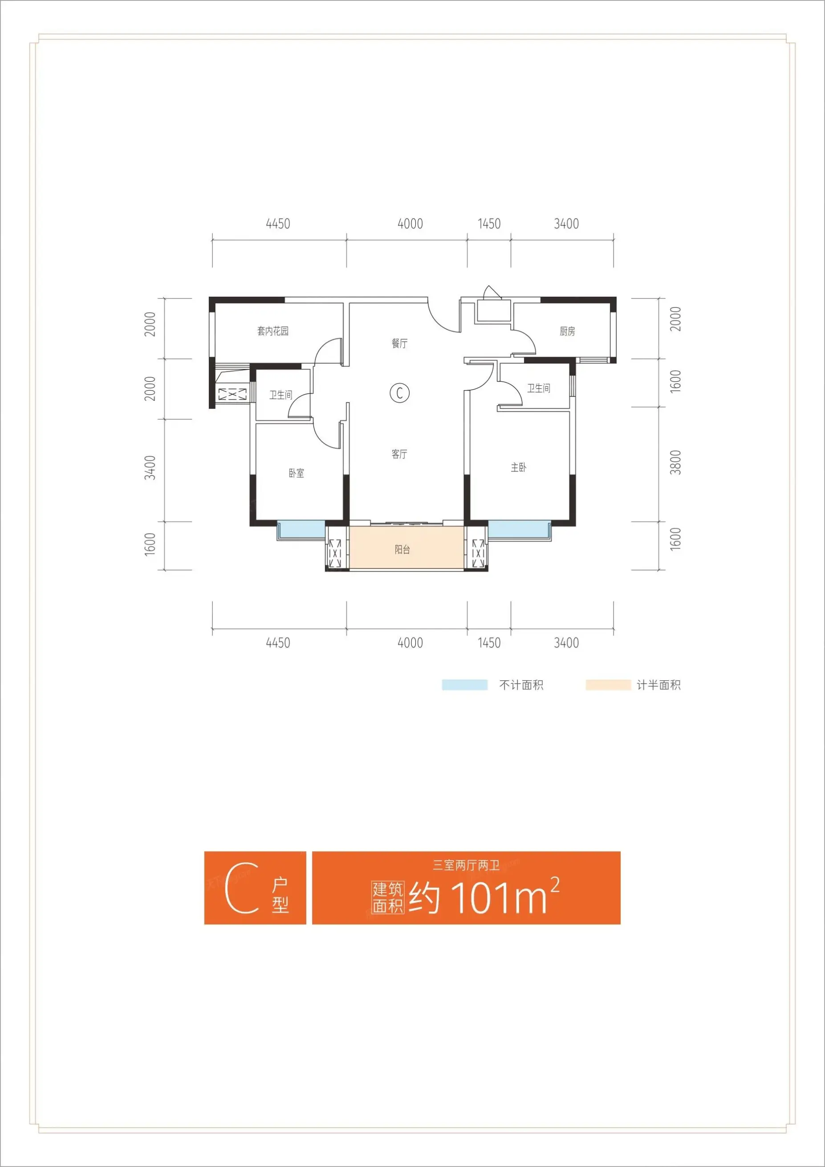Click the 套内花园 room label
point(273,331)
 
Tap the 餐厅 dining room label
point(399,343)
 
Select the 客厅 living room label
point(399,454)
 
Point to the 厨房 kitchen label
point(568,331)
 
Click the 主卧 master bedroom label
point(519,467)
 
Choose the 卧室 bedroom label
point(297,473)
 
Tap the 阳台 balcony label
point(402,550)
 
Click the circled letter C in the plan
point(400,393)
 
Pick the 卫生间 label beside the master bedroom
point(538,388)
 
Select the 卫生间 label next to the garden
point(281,395)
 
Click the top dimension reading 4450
point(278,224)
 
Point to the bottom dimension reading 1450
point(489,643)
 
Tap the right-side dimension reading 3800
point(675,462)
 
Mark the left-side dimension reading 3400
point(150,468)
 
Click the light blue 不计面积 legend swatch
point(464,685)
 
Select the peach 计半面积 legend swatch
point(608,685)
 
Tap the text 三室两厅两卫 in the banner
point(466,865)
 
